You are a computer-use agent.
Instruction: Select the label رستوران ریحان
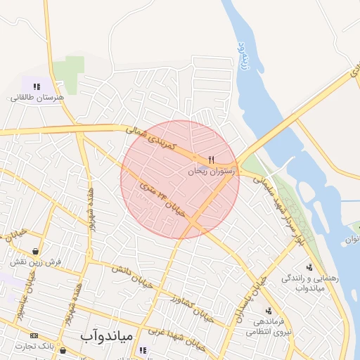(214, 171)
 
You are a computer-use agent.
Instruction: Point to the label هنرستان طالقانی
(37, 98)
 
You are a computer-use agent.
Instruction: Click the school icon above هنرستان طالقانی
(37, 86)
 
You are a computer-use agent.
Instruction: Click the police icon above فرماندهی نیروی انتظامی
(269, 310)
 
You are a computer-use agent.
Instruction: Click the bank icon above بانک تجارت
(34, 335)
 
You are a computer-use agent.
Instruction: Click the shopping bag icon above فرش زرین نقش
(35, 251)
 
